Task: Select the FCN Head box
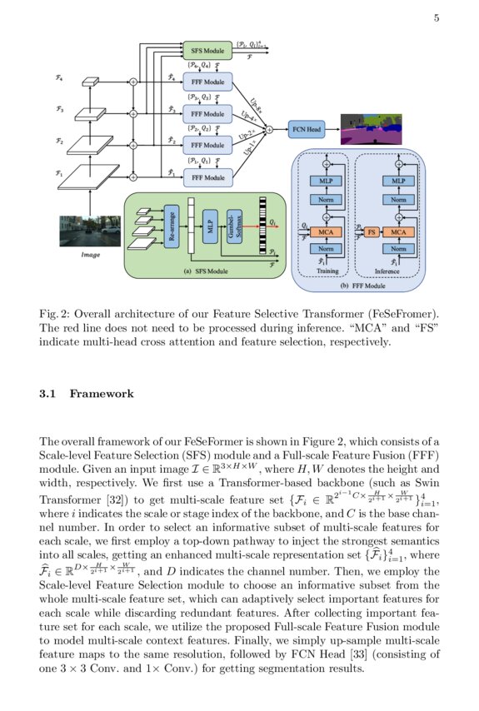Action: point(307,129)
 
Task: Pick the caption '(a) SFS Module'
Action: point(205,271)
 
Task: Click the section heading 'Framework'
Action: point(101,393)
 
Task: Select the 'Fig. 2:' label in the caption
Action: point(55,314)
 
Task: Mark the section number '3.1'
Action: point(49,393)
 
